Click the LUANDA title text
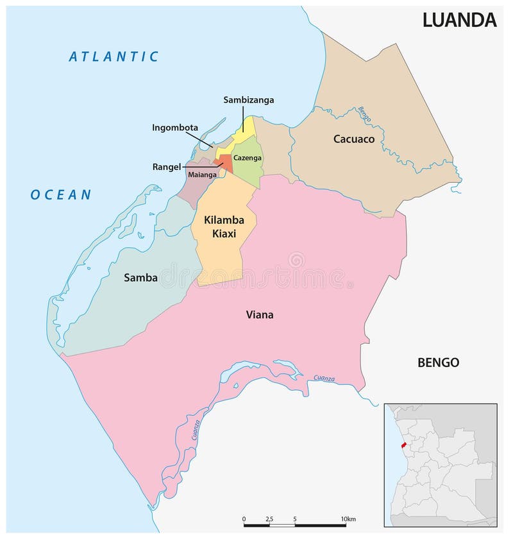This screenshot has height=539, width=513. tap(459, 20)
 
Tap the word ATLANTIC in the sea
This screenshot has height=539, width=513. tap(114, 56)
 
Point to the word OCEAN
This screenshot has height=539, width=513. tap(61, 194)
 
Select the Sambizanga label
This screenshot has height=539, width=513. tap(249, 99)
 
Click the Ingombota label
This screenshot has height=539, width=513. tap(175, 127)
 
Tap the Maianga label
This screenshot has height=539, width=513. tap(202, 174)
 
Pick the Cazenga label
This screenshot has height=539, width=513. tap(247, 158)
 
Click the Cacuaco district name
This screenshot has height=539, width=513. tap(354, 139)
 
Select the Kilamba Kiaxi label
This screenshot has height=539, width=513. tap(220, 227)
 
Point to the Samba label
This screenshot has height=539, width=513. tap(140, 278)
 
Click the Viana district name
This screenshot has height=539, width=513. tap(260, 314)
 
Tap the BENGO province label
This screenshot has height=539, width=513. tap(438, 363)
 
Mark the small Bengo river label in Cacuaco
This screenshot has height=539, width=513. tap(365, 115)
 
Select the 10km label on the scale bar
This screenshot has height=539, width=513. tap(348, 518)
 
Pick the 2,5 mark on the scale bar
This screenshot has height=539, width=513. tap(269, 518)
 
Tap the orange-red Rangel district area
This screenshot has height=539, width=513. tap(226, 160)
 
